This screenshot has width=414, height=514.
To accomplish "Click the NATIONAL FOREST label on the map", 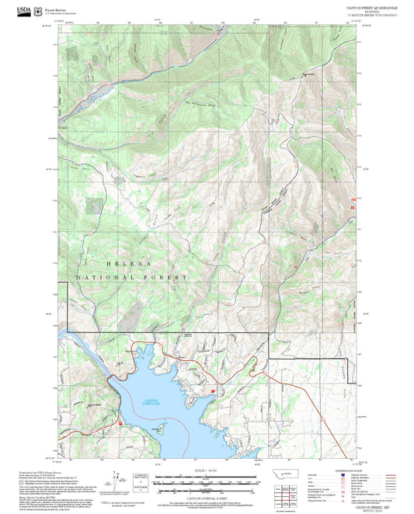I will [x=132, y=277].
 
